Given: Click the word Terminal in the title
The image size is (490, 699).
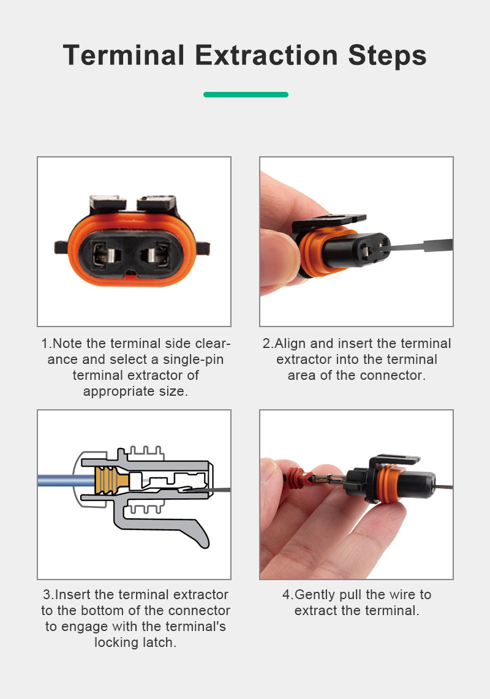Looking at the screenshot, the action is coord(124,55).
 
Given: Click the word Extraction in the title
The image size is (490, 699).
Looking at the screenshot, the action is coord(266,55).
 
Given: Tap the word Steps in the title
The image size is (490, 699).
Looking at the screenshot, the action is coord(387,56).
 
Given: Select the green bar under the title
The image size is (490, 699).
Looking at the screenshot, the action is coord(246,94).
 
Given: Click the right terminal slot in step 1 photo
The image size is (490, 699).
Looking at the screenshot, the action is coord(155,255).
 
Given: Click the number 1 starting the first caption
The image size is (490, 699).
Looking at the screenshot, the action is coord(45,344).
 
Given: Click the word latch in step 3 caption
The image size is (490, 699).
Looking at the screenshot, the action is coord(158,643).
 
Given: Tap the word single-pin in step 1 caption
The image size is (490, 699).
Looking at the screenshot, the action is coord(193,360).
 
